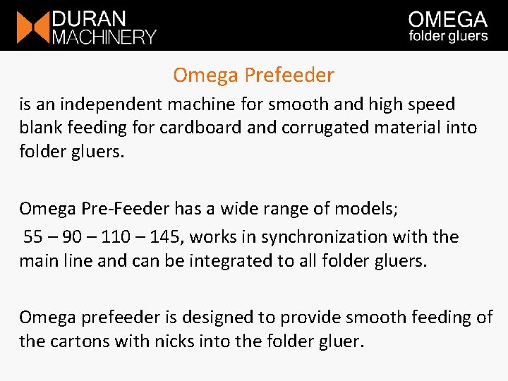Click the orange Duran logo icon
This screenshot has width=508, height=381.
pyautogui.click(x=32, y=26)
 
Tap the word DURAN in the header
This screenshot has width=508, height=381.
pyautogui.click(x=88, y=18)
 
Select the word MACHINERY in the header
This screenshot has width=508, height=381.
pyautogui.click(x=104, y=36)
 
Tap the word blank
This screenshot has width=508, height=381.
pyautogui.click(x=42, y=128)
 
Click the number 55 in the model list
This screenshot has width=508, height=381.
pyautogui.click(x=33, y=236)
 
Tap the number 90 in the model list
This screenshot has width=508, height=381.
pyautogui.click(x=73, y=236)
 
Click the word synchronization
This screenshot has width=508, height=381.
pyautogui.click(x=310, y=236)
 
